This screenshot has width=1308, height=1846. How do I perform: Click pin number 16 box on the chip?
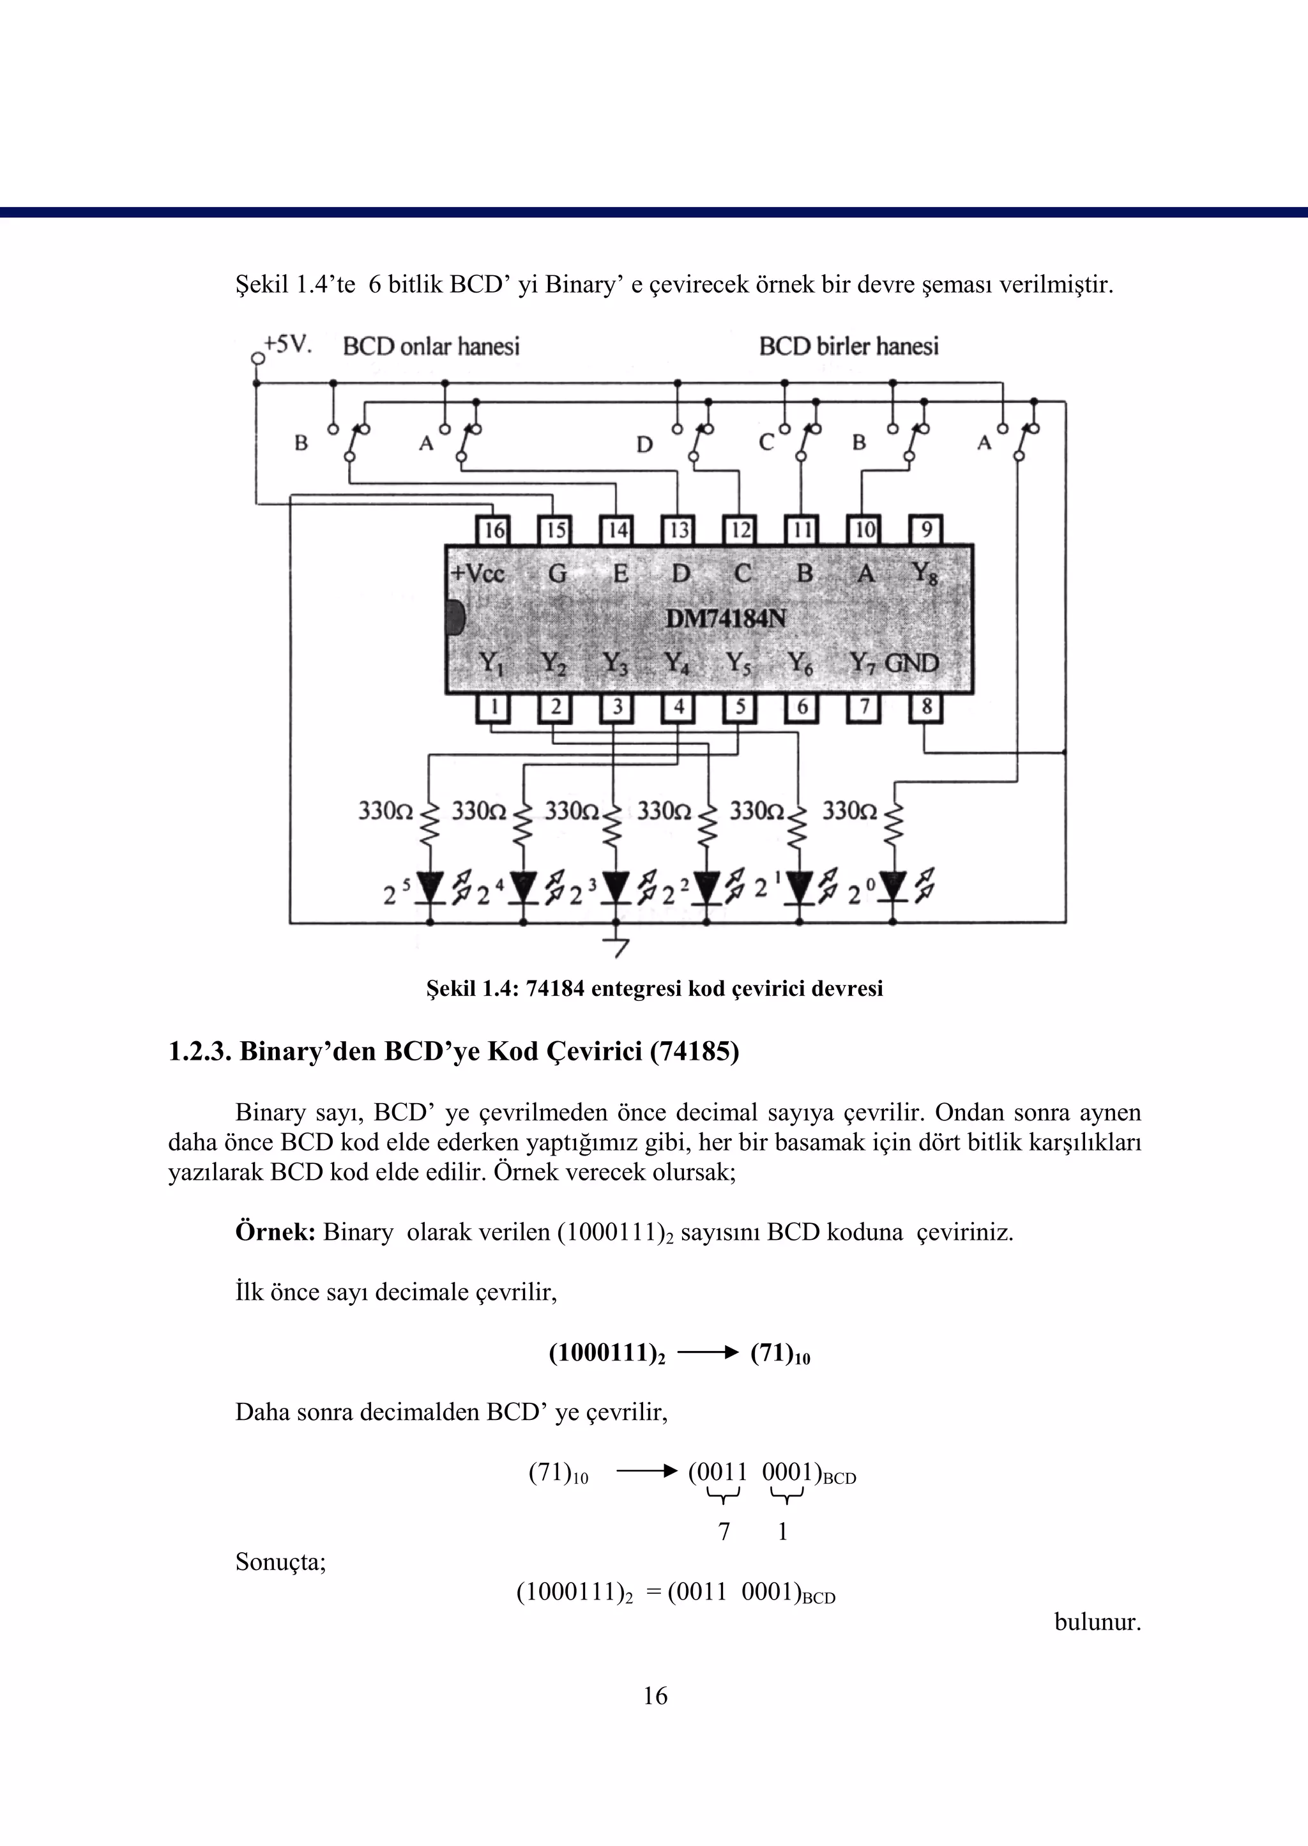pos(494,530)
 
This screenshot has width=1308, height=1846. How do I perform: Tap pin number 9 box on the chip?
pos(926,530)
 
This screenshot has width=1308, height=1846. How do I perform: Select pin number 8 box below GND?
pos(926,707)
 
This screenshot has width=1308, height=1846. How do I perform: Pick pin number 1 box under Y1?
pos(494,707)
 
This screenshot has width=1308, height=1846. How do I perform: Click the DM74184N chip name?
pos(726,618)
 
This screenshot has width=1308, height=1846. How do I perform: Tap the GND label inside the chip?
pos(912,663)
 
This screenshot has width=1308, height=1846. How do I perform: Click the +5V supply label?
pos(287,345)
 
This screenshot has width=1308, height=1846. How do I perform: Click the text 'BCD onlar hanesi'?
pos(431,346)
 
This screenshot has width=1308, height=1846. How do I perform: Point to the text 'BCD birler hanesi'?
pos(849,346)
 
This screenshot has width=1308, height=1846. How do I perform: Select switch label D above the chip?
pos(644,445)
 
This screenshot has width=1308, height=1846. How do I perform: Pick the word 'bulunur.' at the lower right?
pos(1098,1621)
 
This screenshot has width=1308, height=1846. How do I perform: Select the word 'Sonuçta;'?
pos(280,1562)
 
